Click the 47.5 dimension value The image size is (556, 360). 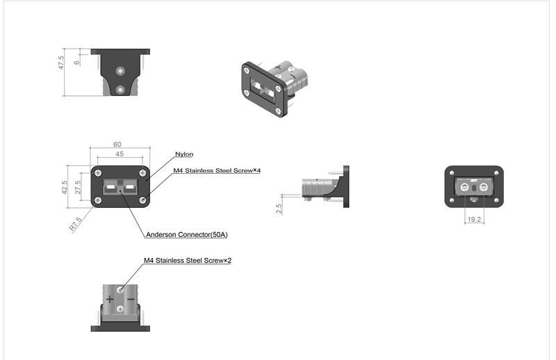point(62,63)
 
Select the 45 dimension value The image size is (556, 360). point(120,154)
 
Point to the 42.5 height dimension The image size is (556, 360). point(64,186)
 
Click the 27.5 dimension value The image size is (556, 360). point(78,188)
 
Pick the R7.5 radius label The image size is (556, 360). point(76,223)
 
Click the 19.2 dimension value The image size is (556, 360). point(474,219)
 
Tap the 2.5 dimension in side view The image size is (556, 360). point(279,208)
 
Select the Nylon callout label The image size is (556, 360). point(184,154)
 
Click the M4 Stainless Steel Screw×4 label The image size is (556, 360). point(217,170)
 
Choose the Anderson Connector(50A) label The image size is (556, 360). point(187,235)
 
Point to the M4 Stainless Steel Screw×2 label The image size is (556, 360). point(187,261)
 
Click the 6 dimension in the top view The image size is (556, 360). point(77,61)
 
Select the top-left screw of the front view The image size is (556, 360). point(98,172)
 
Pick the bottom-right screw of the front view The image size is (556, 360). point(142,200)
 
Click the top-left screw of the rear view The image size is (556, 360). point(452,173)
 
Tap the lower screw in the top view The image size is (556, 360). point(121,89)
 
